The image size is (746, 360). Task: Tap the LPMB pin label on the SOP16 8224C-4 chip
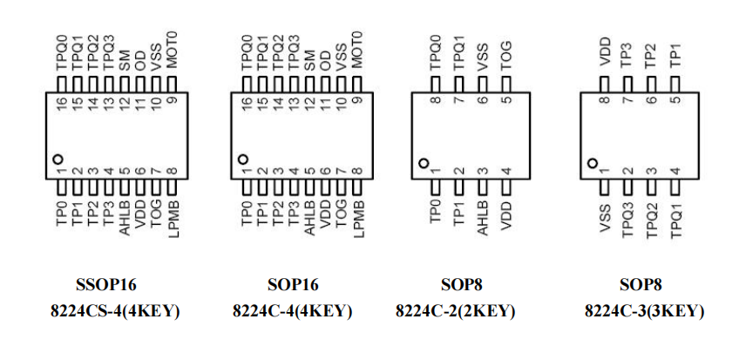pyautogui.click(x=357, y=218)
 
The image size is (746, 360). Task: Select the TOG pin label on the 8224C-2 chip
pyautogui.click(x=505, y=54)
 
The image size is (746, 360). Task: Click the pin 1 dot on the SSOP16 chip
pyautogui.click(x=58, y=160)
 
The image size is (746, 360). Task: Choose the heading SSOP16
pyautogui.click(x=107, y=284)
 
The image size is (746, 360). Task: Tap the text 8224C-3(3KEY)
pyautogui.click(x=644, y=311)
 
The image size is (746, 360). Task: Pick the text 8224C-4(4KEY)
pyautogui.click(x=292, y=311)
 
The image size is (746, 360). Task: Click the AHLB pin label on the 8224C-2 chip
pyautogui.click(x=482, y=218)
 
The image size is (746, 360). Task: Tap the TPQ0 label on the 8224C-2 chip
pyautogui.click(x=436, y=52)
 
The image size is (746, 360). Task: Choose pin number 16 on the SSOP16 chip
pyautogui.click(x=62, y=105)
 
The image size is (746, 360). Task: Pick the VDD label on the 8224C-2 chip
pyautogui.click(x=505, y=215)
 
